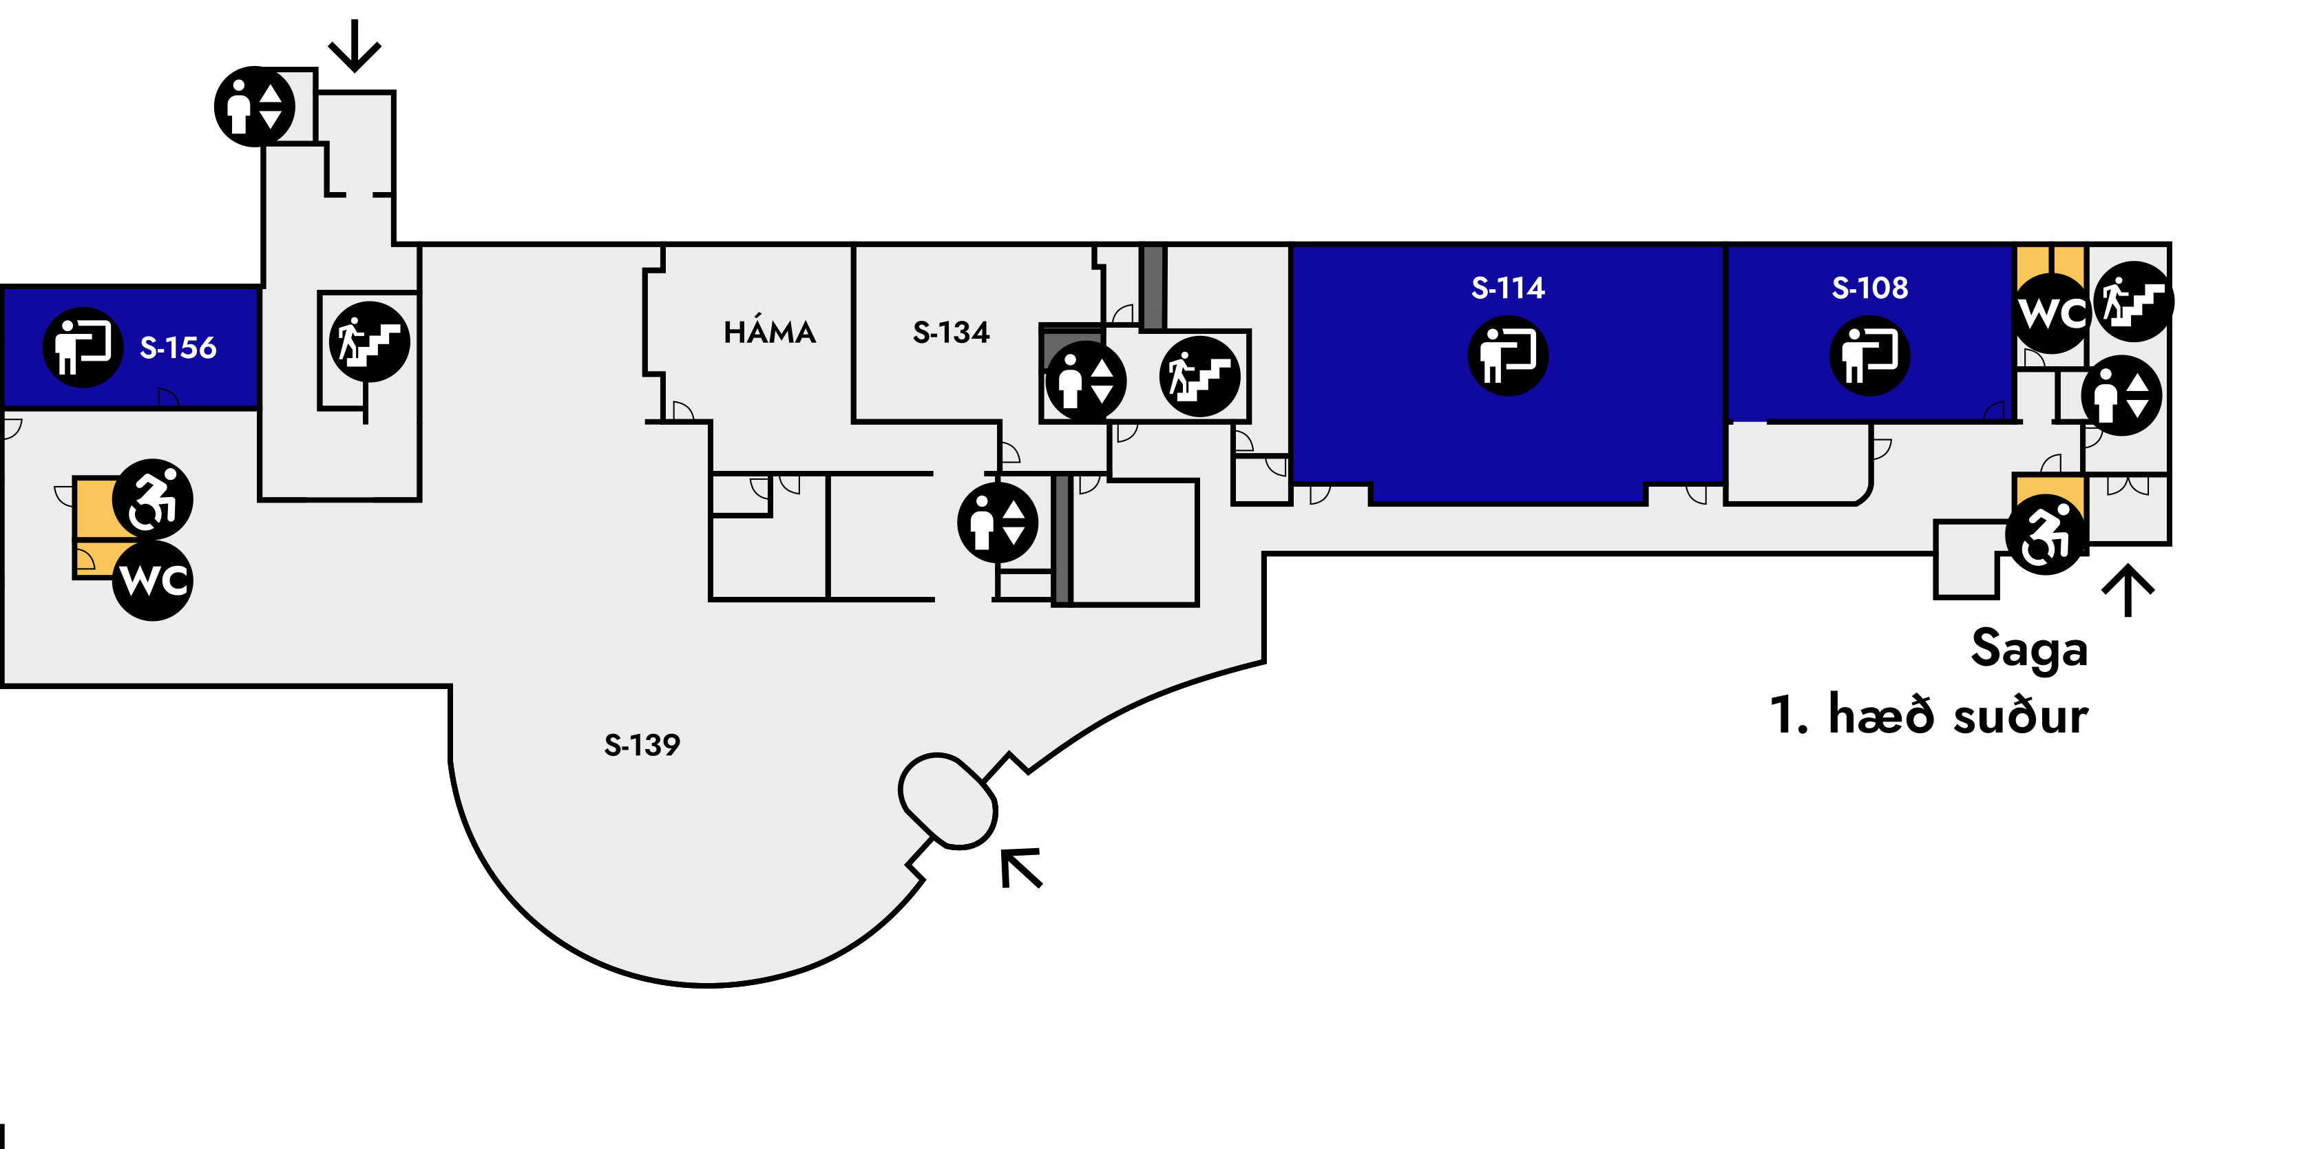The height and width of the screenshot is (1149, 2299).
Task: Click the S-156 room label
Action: pos(178,347)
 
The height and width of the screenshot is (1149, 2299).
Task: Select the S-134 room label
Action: pos(952,332)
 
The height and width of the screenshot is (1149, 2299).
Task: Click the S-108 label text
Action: pos(1870,287)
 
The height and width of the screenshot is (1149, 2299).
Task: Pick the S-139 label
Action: pos(642,744)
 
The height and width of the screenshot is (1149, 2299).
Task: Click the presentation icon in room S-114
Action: pos(1509,355)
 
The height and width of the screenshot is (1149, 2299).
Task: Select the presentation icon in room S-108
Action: pos(1870,355)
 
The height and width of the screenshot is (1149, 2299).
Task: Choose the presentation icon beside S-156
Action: pos(83,347)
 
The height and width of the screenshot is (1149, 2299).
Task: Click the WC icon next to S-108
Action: pos(2052,313)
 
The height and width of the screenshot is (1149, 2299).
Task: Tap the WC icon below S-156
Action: pos(153,580)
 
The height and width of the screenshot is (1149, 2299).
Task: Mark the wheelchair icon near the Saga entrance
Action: pos(2046,534)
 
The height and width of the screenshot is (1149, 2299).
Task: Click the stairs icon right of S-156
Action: pos(370,341)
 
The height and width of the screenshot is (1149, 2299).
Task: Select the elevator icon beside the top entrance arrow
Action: pos(254,106)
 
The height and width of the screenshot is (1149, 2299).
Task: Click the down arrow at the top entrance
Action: pos(355,45)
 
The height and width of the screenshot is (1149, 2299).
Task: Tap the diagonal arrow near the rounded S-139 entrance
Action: pos(1021,868)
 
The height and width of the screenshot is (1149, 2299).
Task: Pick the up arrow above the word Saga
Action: pos(2128,590)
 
